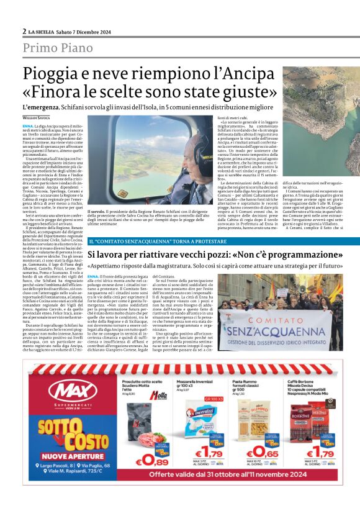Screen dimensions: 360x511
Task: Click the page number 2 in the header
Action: pyautogui.click(x=24, y=31)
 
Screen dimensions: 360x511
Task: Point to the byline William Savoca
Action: pyautogui.click(x=38, y=117)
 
